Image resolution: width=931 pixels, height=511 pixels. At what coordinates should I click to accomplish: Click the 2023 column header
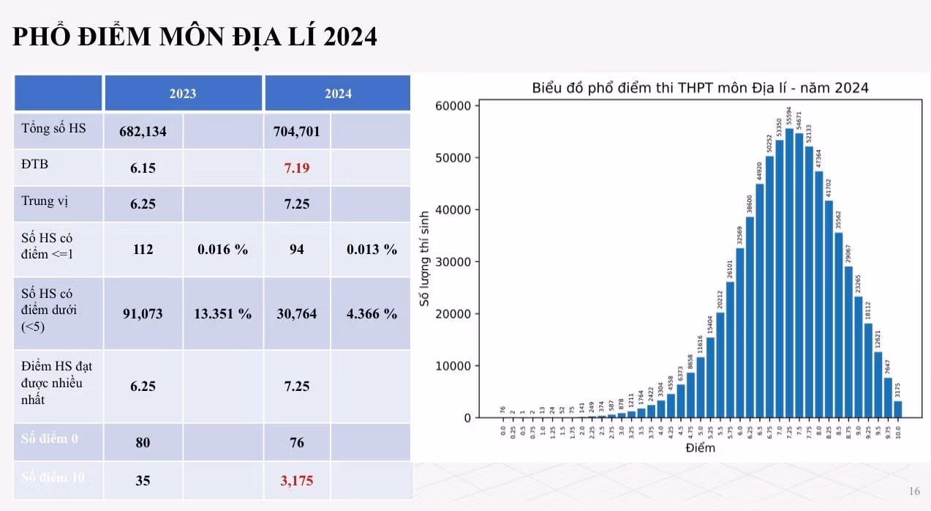tap(183, 94)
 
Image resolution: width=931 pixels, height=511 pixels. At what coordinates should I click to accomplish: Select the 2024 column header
tap(338, 94)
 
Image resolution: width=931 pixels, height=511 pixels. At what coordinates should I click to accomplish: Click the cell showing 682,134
tap(143, 132)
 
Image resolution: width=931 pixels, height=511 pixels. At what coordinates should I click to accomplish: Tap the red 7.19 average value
tap(297, 168)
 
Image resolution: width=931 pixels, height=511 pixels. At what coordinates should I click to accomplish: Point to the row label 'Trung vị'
tap(38, 201)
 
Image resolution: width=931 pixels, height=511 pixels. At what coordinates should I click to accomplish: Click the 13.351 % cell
tap(223, 314)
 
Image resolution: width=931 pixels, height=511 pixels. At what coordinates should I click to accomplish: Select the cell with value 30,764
tap(297, 314)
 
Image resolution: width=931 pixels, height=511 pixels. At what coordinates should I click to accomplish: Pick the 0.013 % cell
tap(372, 250)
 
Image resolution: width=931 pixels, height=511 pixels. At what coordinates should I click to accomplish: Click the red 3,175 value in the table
tap(297, 481)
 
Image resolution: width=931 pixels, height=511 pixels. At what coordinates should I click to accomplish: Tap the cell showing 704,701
tap(297, 132)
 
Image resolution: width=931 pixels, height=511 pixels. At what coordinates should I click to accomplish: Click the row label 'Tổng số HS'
tap(53, 129)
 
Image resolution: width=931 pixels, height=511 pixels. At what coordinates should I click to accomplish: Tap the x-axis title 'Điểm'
tap(700, 448)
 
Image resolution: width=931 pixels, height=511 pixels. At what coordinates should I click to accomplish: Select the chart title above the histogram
tap(699, 88)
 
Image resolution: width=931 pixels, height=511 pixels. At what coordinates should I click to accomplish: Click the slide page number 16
tap(914, 491)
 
